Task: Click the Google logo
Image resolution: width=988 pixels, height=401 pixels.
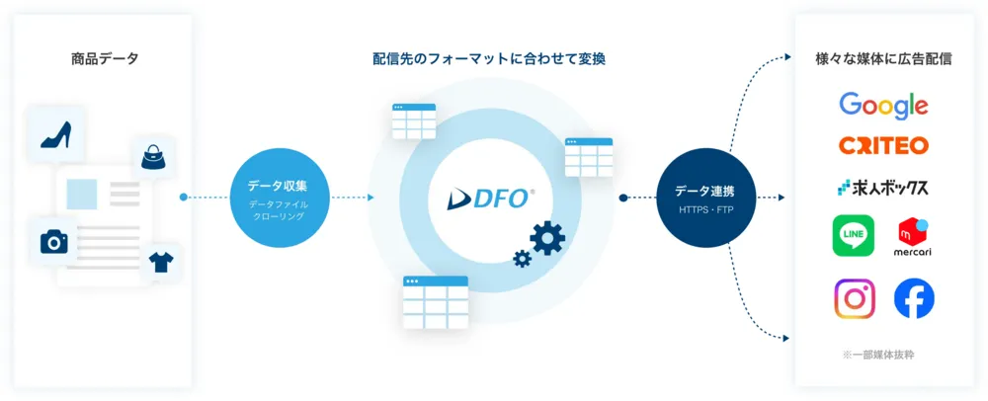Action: [x=883, y=105]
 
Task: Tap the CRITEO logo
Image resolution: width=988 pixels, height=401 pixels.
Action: [x=883, y=145]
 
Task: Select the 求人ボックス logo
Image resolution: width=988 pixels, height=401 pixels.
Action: [x=883, y=186]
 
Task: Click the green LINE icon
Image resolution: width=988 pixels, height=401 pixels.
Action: [x=854, y=237]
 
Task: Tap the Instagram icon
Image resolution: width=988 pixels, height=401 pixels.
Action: [x=855, y=298]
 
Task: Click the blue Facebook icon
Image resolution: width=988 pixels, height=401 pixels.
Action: [x=914, y=298]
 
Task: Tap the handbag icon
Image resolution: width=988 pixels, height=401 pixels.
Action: [x=153, y=156]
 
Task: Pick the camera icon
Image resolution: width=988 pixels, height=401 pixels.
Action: [x=53, y=242]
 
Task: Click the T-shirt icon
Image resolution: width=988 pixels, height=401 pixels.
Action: [x=160, y=263]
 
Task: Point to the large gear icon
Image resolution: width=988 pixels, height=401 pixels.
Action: [x=546, y=237]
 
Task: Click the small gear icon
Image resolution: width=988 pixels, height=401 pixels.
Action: [x=522, y=259]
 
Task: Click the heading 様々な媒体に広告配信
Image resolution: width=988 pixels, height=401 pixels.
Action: [x=884, y=59]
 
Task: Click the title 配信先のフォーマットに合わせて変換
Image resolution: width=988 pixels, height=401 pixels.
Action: [x=489, y=59]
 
